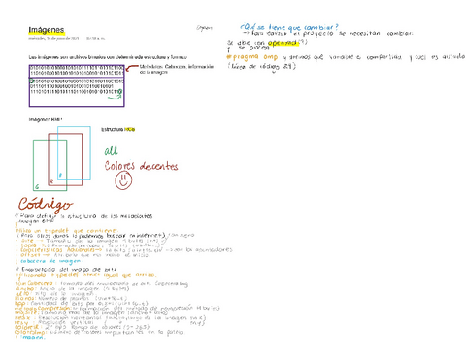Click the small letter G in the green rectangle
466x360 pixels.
pyautogui.click(x=37, y=182)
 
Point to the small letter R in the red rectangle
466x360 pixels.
pyautogui.click(x=60, y=175)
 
